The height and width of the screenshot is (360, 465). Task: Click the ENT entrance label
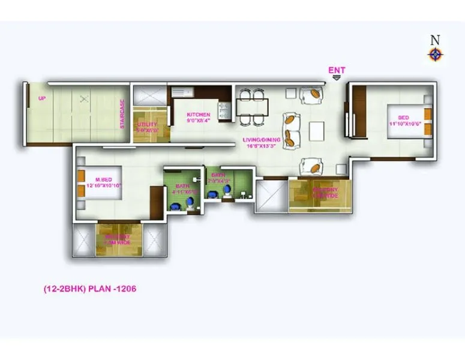337,70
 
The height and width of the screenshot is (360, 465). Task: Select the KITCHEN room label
198,115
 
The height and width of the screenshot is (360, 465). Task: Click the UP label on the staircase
42,99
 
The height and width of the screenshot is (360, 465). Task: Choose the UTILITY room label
147,125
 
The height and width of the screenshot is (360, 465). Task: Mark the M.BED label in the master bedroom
100,179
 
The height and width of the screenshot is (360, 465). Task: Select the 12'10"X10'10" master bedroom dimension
100,186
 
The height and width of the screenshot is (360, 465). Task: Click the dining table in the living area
251,107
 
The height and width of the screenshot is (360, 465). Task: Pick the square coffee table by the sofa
316,130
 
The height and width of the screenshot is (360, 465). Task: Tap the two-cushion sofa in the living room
292,129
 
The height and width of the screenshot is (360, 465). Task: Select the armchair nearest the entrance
311,94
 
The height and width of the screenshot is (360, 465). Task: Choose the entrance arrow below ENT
337,77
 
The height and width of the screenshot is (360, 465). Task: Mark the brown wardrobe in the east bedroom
359,110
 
